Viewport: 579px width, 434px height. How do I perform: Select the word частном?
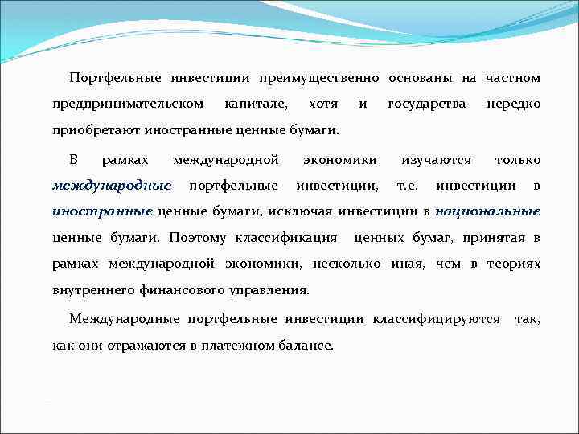tap(512, 78)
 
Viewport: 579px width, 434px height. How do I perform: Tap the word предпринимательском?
tap(128, 104)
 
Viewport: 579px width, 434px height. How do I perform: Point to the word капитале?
tap(257, 104)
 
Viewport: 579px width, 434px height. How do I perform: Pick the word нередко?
tap(513, 104)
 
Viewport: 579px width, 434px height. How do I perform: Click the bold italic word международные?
tap(112, 186)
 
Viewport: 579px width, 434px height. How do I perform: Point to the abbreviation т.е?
tap(409, 186)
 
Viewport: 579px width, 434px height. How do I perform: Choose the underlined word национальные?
tap(487, 212)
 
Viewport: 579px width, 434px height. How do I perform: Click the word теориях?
tap(514, 264)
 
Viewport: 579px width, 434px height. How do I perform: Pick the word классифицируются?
tap(436, 319)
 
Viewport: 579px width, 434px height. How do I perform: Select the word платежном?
tap(239, 345)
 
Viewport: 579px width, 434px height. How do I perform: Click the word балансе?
tap(306, 345)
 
